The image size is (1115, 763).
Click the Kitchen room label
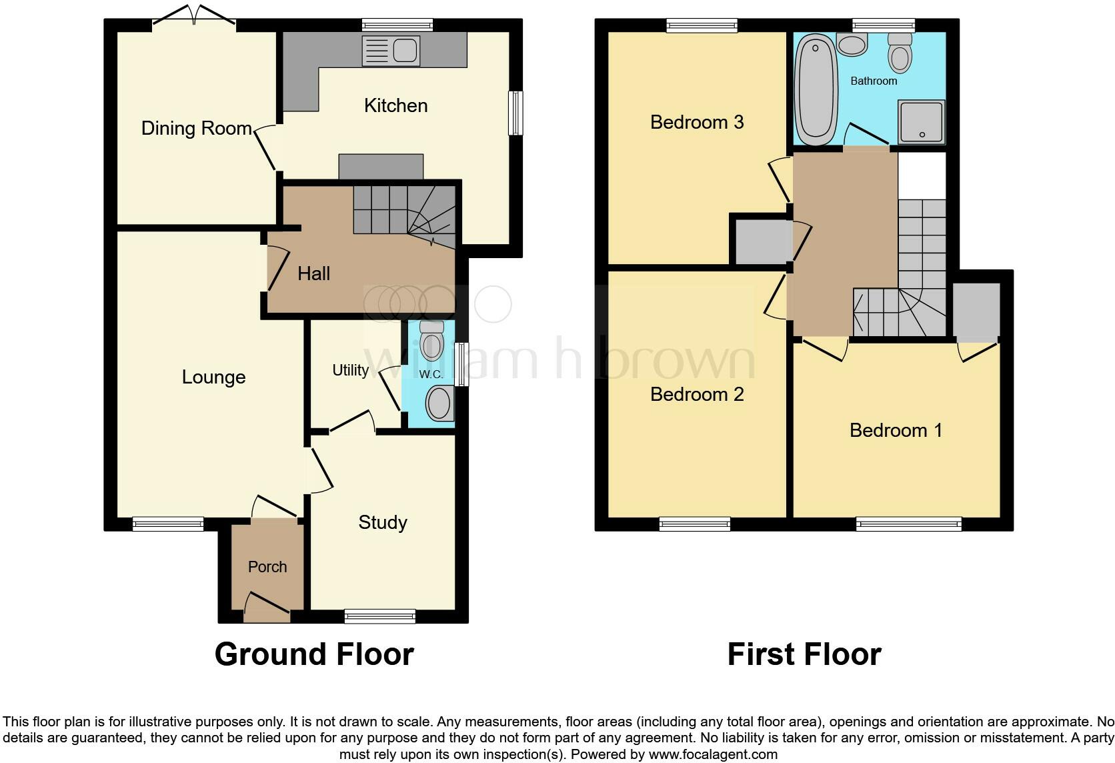pyautogui.click(x=395, y=105)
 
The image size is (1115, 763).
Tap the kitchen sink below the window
pyautogui.click(x=390, y=51)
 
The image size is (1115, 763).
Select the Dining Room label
pyautogui.click(x=196, y=128)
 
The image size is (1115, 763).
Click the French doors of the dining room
pyautogui.click(x=194, y=19)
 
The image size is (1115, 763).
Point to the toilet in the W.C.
pyautogui.click(x=432, y=340)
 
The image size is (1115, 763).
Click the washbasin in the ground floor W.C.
pyautogui.click(x=439, y=403)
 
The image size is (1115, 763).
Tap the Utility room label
pyautogui.click(x=350, y=370)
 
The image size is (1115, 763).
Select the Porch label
pyautogui.click(x=267, y=567)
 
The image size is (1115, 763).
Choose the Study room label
pyautogui.click(x=382, y=522)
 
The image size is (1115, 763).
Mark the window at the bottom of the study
pyautogui.click(x=380, y=617)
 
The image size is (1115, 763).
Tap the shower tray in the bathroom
pyautogui.click(x=922, y=122)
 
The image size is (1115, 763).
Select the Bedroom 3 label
pyautogui.click(x=696, y=122)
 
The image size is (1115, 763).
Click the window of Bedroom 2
pyautogui.click(x=695, y=525)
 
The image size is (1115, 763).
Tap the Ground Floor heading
pyautogui.click(x=314, y=654)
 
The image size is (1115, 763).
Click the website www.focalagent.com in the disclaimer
pyautogui.click(x=712, y=755)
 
